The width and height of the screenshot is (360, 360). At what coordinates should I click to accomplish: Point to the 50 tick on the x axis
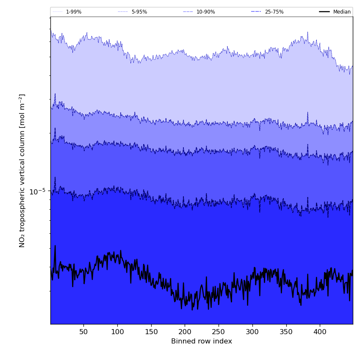[83, 331]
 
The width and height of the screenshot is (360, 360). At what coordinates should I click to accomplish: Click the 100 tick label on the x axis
[117, 331]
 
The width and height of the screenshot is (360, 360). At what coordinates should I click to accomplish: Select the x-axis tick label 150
[151, 331]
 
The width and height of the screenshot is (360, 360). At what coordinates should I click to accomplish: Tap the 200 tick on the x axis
[185, 331]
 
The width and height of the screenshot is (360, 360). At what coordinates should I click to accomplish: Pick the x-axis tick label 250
[219, 331]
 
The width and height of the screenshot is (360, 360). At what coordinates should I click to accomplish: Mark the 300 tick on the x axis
[252, 331]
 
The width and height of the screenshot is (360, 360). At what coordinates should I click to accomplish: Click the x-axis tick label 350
[286, 331]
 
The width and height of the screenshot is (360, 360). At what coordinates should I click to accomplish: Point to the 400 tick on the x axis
[320, 331]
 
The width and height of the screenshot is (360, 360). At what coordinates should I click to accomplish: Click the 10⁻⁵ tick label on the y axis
[37, 191]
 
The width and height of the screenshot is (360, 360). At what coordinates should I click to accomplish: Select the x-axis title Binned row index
[202, 341]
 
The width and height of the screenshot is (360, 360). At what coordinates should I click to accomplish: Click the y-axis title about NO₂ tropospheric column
[22, 170]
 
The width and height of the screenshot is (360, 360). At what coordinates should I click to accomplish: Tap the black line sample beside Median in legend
[324, 12]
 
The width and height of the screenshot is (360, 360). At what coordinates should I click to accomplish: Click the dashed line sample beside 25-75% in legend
[256, 12]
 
